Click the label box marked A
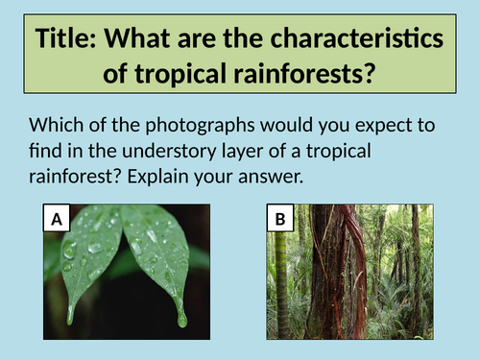point(58,220)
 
